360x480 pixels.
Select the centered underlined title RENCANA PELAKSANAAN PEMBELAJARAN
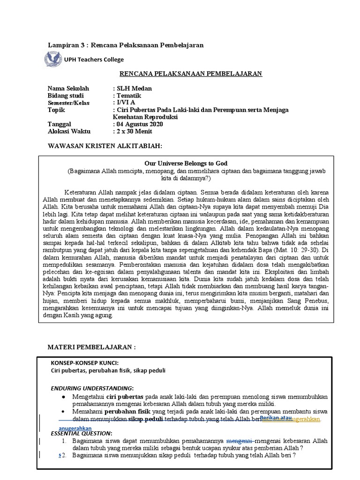coord(191,74)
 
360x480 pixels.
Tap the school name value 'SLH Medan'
coord(134,89)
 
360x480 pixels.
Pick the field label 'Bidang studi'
coord(66,96)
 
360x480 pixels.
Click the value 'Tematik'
coord(129,96)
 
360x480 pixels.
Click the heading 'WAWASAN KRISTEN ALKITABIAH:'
coord(105,146)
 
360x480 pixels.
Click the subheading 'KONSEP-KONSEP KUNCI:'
coord(84,363)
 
